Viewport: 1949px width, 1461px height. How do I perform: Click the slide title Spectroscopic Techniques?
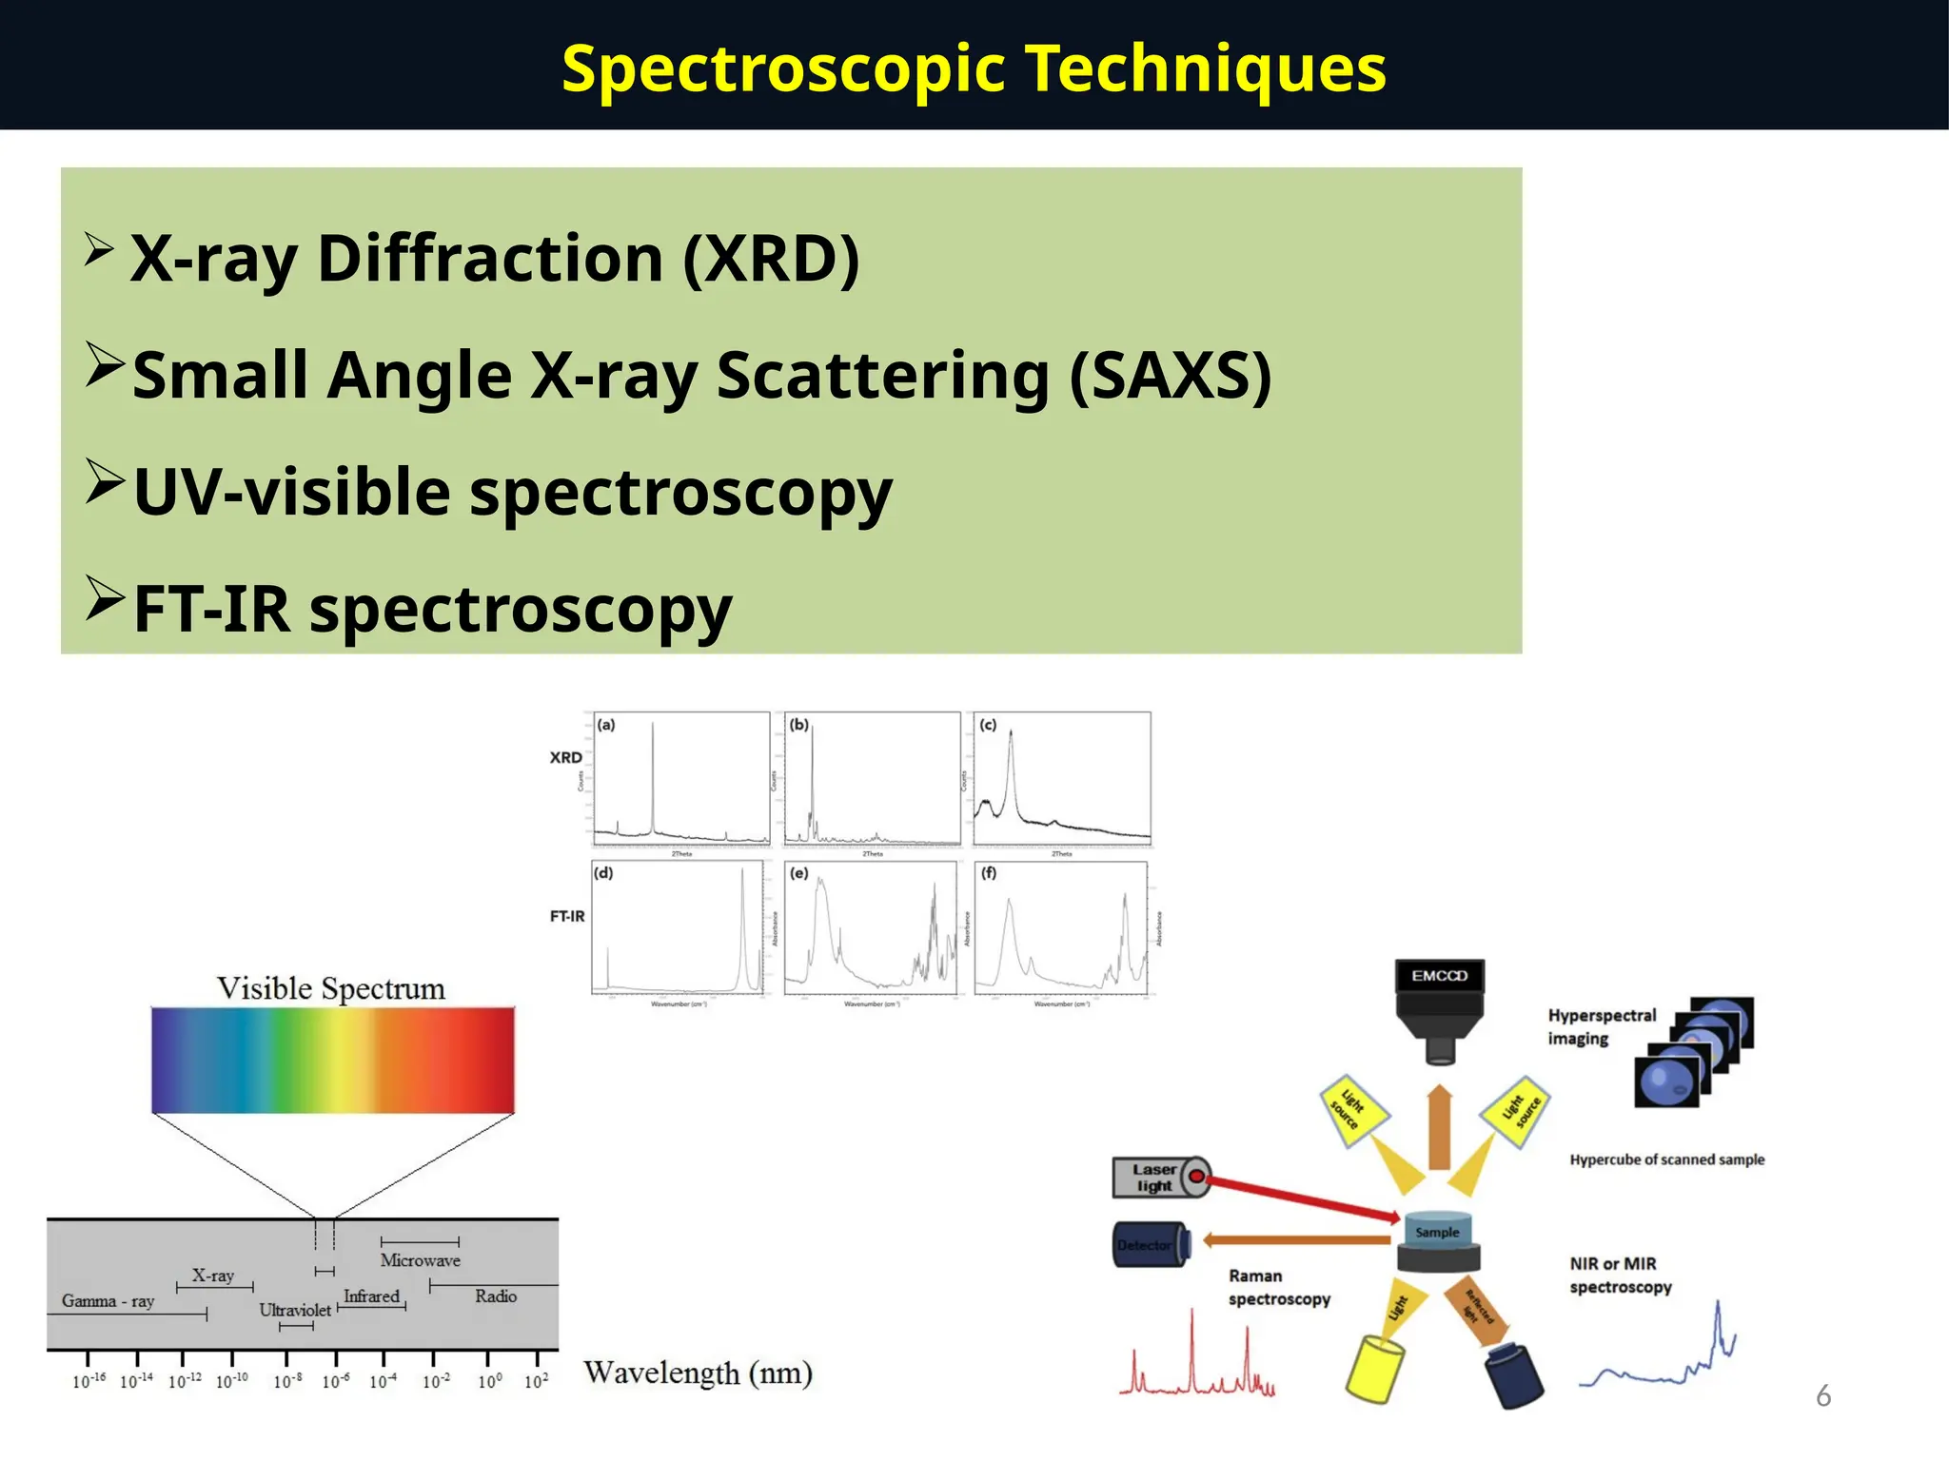pyautogui.click(x=974, y=68)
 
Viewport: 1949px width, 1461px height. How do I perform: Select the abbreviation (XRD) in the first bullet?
pyautogui.click(x=771, y=259)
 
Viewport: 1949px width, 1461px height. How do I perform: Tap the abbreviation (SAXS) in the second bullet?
pyautogui.click(x=1171, y=376)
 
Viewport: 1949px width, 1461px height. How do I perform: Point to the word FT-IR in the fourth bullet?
pyautogui.click(x=211, y=610)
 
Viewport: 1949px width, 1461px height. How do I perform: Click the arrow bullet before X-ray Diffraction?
pyautogui.click(x=99, y=250)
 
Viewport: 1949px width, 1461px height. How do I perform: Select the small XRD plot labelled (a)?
pyautogui.click(x=680, y=778)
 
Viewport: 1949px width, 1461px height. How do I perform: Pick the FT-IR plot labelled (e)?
pyautogui.click(x=871, y=928)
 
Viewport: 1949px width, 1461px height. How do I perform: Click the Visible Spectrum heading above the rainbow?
pyautogui.click(x=331, y=988)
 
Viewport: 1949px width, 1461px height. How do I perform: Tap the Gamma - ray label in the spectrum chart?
pyautogui.click(x=108, y=1301)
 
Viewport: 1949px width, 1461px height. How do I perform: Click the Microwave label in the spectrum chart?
pyautogui.click(x=420, y=1260)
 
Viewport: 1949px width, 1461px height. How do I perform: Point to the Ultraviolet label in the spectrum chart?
pyautogui.click(x=295, y=1310)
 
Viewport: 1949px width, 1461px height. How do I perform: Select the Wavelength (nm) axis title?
pyautogui.click(x=698, y=1373)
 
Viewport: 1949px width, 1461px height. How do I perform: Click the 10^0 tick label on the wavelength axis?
pyautogui.click(x=489, y=1381)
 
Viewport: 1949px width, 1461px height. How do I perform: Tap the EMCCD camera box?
pyautogui.click(x=1439, y=977)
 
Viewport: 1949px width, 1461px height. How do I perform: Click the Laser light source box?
pyautogui.click(x=1153, y=1178)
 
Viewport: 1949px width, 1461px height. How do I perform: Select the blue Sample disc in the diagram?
pyautogui.click(x=1437, y=1231)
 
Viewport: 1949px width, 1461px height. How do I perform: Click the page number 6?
pyautogui.click(x=1822, y=1396)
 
